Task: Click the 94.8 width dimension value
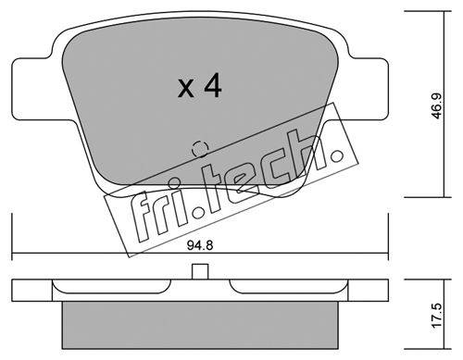[200, 246]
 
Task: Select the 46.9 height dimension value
[437, 106]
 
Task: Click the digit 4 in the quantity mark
[213, 85]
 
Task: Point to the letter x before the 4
[186, 89]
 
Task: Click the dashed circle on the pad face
[200, 149]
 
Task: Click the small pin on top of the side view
[200, 271]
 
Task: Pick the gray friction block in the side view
[200, 325]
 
